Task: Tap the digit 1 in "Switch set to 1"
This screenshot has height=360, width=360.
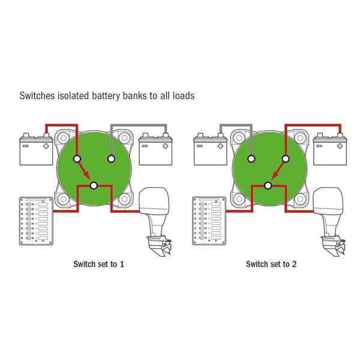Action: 122,264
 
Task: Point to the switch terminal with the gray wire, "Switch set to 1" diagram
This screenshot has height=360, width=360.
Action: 111,158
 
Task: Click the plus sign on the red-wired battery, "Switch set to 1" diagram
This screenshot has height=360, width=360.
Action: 46,145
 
